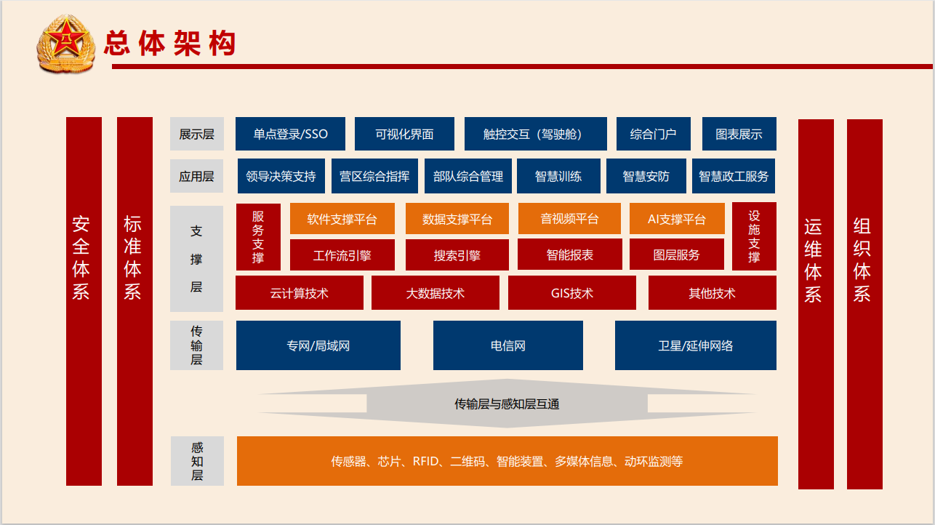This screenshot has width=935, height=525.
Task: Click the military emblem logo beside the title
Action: [66, 44]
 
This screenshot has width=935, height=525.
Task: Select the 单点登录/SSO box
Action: [290, 134]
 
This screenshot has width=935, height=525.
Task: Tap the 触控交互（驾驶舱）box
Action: [536, 134]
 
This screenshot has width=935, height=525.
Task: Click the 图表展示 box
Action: [739, 134]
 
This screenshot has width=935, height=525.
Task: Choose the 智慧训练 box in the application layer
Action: [558, 176]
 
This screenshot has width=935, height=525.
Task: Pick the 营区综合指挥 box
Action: [374, 176]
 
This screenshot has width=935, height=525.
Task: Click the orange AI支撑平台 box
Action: [677, 219]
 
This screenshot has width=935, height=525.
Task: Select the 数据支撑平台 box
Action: [457, 219]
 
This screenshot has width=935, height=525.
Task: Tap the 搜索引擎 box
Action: [457, 255]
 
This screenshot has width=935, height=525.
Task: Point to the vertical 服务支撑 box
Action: [258, 236]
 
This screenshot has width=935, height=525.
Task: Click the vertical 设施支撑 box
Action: [754, 236]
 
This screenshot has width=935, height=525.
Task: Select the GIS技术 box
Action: [572, 292]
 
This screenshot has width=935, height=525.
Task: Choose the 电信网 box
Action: [508, 345]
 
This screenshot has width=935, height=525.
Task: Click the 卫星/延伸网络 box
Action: [696, 345]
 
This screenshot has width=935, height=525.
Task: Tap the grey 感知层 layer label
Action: [197, 461]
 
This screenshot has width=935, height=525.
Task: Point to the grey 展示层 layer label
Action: [196, 134]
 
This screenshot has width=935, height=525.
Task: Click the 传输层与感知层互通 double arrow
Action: [507, 403]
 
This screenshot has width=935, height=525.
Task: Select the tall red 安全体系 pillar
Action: [84, 301]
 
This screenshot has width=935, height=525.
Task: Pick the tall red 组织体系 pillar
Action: [864, 304]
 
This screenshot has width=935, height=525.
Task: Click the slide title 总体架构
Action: [170, 43]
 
